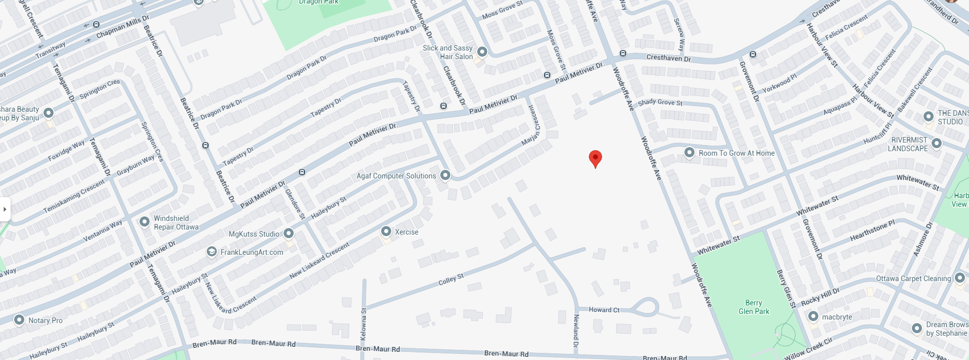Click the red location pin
(x=595, y=158)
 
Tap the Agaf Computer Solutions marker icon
(x=445, y=175)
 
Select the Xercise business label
(x=406, y=232)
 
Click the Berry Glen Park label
(x=754, y=307)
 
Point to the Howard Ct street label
(x=604, y=310)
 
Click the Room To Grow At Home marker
(x=689, y=152)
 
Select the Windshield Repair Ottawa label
(x=176, y=222)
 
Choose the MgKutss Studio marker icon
(x=289, y=233)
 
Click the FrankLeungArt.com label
(x=252, y=252)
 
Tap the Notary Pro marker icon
(x=19, y=320)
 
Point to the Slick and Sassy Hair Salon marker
(x=482, y=52)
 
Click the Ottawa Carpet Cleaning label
(x=913, y=279)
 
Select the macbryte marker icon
(x=813, y=317)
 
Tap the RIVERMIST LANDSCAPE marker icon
(x=936, y=143)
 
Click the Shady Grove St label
(x=660, y=103)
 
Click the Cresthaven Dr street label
(x=668, y=58)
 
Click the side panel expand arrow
(x=5, y=209)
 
